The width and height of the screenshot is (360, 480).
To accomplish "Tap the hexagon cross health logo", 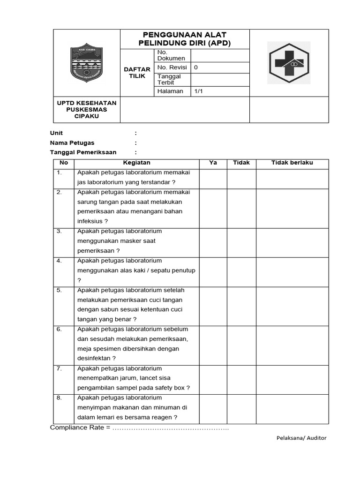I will click(288, 63).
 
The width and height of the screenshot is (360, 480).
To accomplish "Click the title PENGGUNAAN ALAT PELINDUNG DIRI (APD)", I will click(185, 39).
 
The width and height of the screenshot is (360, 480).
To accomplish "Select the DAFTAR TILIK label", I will click(137, 73).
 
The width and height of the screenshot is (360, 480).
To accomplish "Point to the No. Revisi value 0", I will click(196, 67).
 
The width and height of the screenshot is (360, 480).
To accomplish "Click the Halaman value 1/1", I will click(198, 91).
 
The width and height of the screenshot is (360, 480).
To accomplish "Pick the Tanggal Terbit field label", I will click(169, 79).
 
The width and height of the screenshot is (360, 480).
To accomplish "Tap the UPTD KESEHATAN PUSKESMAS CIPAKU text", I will click(87, 109).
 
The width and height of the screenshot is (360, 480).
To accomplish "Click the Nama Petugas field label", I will click(72, 143).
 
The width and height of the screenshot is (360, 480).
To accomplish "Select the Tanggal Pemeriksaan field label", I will click(83, 152).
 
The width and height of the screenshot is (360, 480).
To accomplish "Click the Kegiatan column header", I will click(136, 163).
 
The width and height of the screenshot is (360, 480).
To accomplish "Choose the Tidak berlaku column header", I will click(292, 163).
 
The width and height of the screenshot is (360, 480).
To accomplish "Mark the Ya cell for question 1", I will click(213, 179).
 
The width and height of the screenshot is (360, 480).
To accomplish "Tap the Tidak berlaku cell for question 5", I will click(292, 305).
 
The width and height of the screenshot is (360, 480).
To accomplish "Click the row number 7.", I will click(60, 369).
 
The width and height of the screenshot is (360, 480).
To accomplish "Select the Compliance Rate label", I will click(77, 427).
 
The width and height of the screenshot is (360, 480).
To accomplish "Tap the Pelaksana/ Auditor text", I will click(301, 438).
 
